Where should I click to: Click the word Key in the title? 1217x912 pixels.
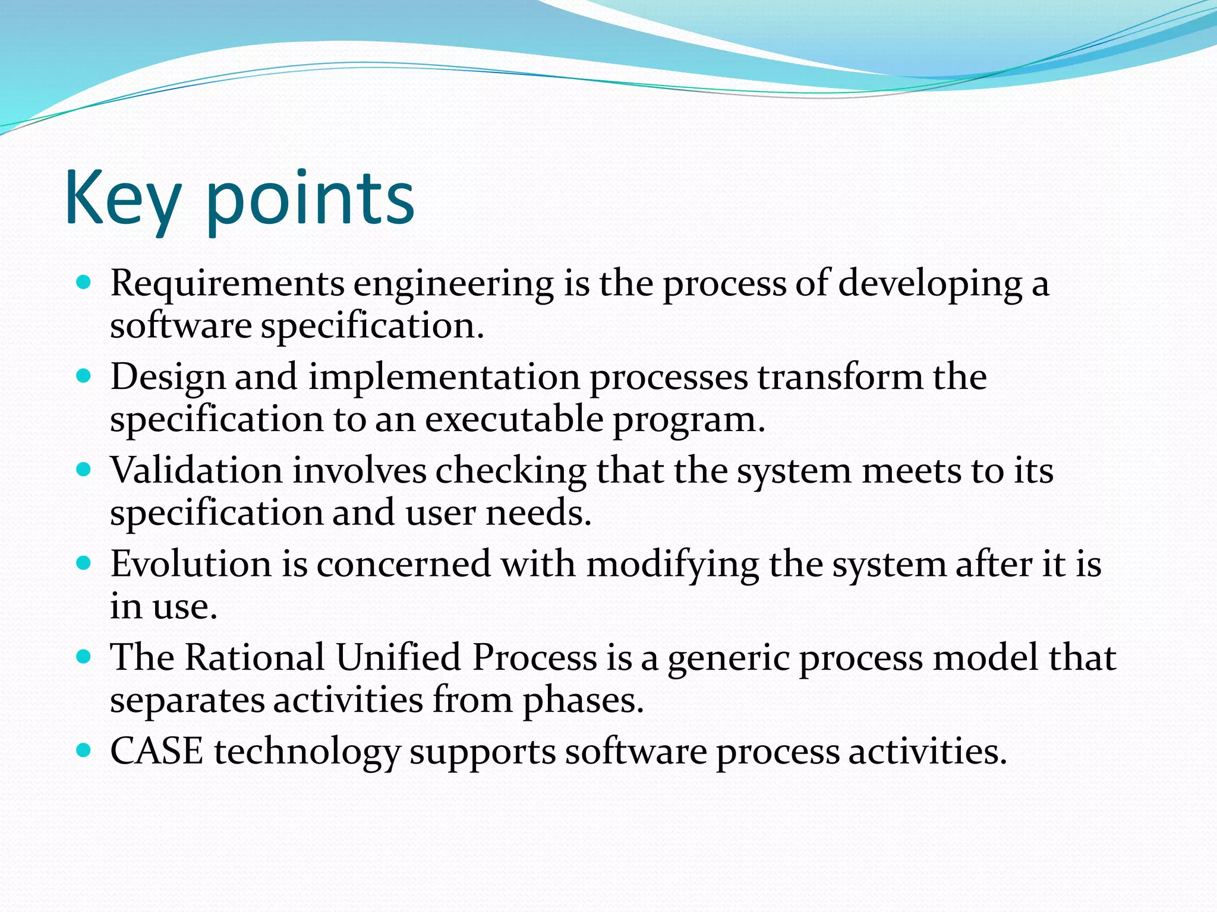pyautogui.click(x=122, y=199)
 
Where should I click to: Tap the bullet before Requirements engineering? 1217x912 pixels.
pyautogui.click(x=84, y=282)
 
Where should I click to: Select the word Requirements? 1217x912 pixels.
pyautogui.click(x=227, y=284)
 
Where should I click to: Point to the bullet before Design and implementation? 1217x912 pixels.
pyautogui.click(x=84, y=375)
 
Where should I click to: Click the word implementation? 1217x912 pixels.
pyautogui.click(x=444, y=378)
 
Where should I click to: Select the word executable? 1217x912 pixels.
pyautogui.click(x=514, y=419)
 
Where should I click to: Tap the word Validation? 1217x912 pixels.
pyautogui.click(x=196, y=470)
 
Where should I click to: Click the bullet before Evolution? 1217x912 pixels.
pyautogui.click(x=84, y=562)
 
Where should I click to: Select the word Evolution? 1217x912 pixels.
pyautogui.click(x=191, y=564)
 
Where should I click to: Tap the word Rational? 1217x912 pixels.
pyautogui.click(x=255, y=657)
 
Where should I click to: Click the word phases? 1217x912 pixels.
pyautogui.click(x=583, y=701)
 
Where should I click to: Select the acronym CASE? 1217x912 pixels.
pyautogui.click(x=157, y=751)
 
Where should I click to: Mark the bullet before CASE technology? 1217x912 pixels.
pyautogui.click(x=84, y=750)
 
